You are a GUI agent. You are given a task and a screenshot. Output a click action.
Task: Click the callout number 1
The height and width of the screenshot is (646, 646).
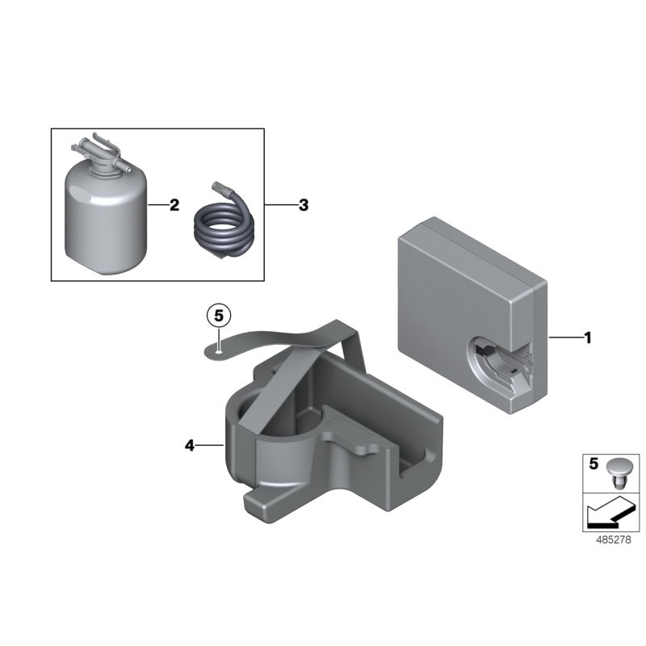tap(588, 338)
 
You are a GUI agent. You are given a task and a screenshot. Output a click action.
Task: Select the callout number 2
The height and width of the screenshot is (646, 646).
tap(174, 205)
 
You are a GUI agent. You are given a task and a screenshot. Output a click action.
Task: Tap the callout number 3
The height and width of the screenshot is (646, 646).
tap(303, 205)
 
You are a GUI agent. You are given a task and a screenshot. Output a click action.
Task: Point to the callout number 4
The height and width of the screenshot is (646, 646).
tap(190, 445)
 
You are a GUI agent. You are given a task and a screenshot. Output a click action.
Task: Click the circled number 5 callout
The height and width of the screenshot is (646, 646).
tap(218, 315)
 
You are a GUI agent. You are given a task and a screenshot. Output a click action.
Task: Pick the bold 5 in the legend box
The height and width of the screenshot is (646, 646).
tap(594, 465)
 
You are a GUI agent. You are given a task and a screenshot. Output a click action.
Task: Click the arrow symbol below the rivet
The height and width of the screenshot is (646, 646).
tap(608, 510)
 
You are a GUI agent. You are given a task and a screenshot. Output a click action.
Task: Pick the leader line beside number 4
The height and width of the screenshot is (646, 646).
tap(208, 445)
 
